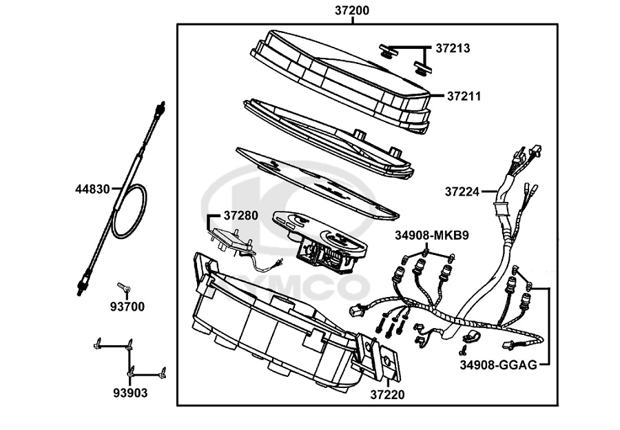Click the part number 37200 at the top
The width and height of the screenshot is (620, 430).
[x=352, y=10]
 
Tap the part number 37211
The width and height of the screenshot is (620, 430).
[x=463, y=95]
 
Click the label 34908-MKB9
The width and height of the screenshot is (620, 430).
[x=432, y=236]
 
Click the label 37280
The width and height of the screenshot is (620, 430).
[x=241, y=215]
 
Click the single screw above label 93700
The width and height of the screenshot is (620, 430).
[x=123, y=287]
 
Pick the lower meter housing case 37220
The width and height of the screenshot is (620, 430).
[x=276, y=324]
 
